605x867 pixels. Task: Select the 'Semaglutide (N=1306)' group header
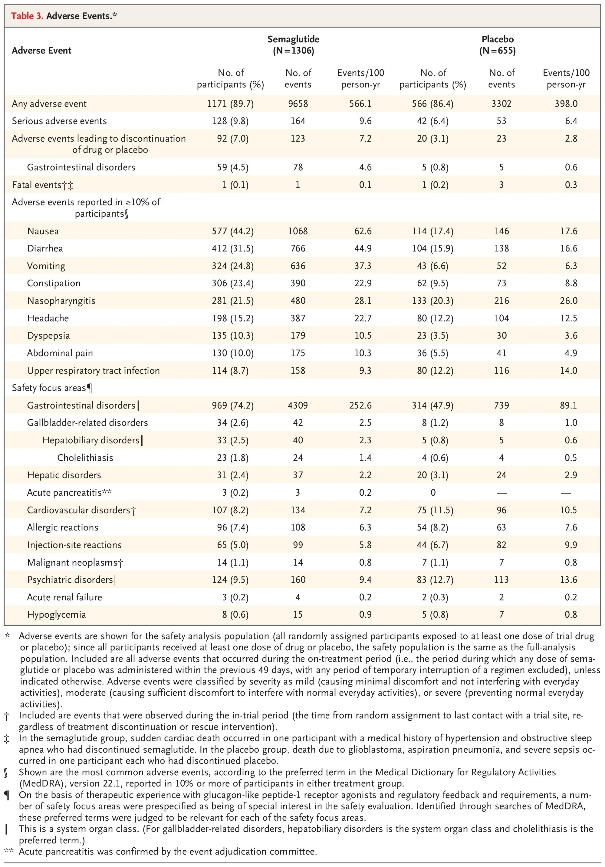coord(294,45)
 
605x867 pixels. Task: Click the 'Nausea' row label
coord(43,231)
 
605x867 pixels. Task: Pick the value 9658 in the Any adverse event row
coord(298,104)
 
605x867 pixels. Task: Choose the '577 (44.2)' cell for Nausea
coord(233,231)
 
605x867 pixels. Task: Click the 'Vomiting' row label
coord(46,266)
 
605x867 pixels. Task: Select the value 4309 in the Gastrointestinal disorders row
coord(298,405)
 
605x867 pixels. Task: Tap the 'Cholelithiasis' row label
coord(85,458)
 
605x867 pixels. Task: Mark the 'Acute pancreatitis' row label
coord(64,492)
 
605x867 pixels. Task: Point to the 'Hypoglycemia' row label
coord(56,614)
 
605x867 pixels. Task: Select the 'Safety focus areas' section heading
coord(49,388)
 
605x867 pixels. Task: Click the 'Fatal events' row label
coord(37,185)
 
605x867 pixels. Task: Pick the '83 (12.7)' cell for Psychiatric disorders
coord(433,580)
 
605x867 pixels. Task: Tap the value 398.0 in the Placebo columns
coord(566,104)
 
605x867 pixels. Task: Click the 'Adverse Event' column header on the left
coord(41,51)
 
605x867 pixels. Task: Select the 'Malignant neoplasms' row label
coord(72,562)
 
